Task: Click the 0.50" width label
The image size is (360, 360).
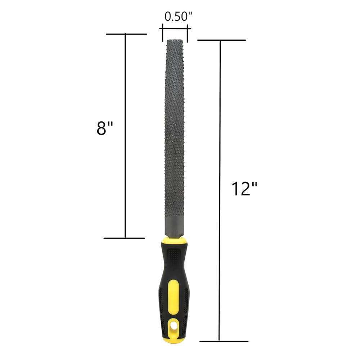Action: (176, 17)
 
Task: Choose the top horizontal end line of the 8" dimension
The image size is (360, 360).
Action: (126, 34)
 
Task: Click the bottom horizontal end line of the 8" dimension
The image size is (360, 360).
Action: (124, 238)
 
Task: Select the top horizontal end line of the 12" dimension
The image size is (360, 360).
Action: (221, 40)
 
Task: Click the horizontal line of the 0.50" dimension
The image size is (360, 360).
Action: (175, 28)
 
